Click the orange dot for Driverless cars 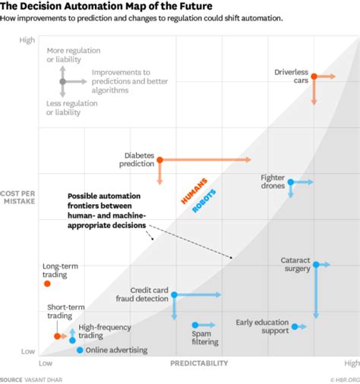click(x=313, y=77)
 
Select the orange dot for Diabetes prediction click(x=159, y=159)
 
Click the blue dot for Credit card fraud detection click(x=174, y=294)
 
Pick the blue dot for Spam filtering click(x=194, y=326)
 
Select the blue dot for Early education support click(x=291, y=326)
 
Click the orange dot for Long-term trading click(x=47, y=284)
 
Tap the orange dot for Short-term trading click(x=56, y=335)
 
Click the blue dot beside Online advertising click(x=80, y=350)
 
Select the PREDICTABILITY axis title click(x=200, y=364)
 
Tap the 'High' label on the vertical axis click(x=27, y=40)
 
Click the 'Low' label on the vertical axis click(x=27, y=351)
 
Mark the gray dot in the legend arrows click(x=63, y=81)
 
